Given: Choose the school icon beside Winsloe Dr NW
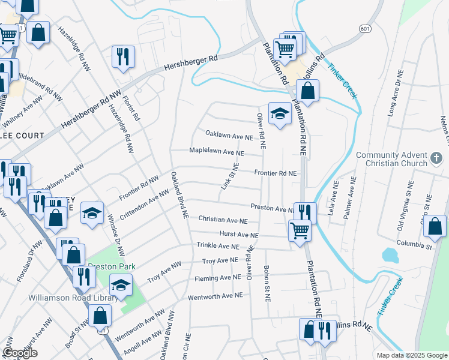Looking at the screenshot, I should pyautogui.click(x=92, y=213).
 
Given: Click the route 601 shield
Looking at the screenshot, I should pyautogui.click(x=364, y=28).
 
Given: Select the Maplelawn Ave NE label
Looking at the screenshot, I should pyautogui.click(x=217, y=152).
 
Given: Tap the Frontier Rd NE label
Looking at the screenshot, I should pyautogui.click(x=276, y=173).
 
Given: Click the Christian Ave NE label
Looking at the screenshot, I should pyautogui.click(x=223, y=221).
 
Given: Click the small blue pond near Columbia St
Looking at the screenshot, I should pyautogui.click(x=390, y=255).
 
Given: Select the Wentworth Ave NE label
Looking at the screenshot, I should pyautogui.click(x=215, y=296).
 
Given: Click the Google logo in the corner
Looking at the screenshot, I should pyautogui.click(x=20, y=353).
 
